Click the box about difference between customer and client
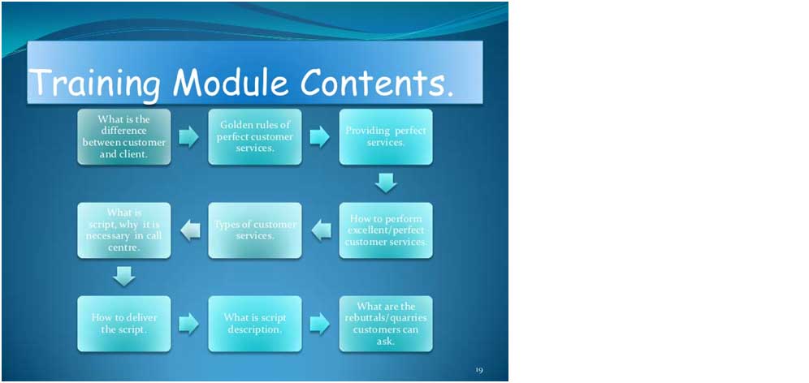pos(123,136)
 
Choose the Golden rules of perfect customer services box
pos(255,136)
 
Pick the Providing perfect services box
pos(386,136)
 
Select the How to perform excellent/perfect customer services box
pos(386,230)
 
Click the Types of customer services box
pos(255,230)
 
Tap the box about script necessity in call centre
pos(123,230)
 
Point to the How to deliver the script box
pos(123,324)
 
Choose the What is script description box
pos(255,324)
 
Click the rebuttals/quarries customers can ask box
pos(386,324)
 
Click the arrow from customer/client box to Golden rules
pos(188,137)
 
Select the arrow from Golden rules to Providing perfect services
pos(320,137)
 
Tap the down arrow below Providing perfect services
pos(386,183)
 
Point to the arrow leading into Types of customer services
pos(321,230)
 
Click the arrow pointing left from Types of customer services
pos(190,230)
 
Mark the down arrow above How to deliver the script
pos(123,277)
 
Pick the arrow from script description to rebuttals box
pos(320,324)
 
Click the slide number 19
pos(479,370)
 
